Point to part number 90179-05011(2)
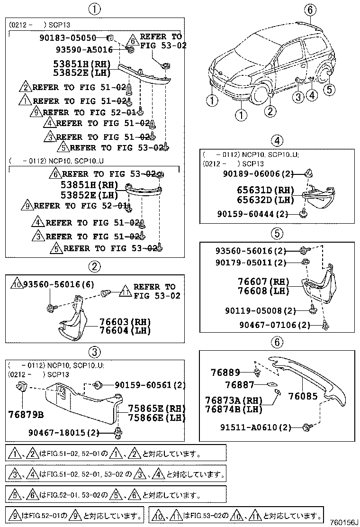point(256,263)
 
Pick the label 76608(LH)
point(263,291)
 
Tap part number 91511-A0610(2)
point(256,427)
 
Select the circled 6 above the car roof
point(309,9)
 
